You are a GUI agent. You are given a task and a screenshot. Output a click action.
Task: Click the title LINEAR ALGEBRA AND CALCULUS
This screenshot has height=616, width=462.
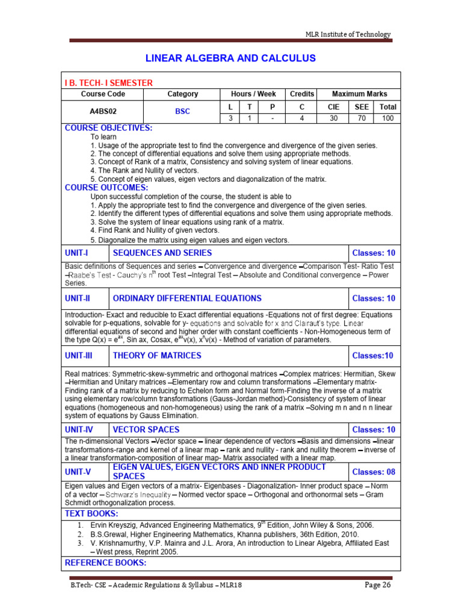[231, 58]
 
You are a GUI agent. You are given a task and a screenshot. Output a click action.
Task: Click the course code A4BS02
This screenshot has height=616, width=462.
[103, 111]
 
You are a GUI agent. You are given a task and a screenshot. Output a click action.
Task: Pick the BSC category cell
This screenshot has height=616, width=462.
[182, 111]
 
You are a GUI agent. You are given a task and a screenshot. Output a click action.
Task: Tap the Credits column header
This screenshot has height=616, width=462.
[302, 94]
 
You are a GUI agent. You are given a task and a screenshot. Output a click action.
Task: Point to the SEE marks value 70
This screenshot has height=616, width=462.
[361, 119]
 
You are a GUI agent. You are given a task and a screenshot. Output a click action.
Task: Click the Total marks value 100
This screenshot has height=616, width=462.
[387, 119]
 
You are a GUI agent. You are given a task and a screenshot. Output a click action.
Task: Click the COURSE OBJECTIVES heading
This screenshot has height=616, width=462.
[108, 128]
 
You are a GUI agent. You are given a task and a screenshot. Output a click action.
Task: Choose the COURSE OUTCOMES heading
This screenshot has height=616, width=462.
[106, 187]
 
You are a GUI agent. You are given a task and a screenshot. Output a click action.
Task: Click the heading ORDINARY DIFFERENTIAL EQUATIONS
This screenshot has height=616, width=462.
[187, 298]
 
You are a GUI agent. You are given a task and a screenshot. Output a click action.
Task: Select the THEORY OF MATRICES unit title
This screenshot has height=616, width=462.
[154, 356]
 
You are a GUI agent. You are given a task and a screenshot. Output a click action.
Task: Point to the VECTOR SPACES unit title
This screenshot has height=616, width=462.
[146, 430]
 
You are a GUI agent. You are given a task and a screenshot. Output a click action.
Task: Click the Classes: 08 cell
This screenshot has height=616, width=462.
[374, 472]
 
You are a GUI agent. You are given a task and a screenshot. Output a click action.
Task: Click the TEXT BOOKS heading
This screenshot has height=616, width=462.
[91, 513]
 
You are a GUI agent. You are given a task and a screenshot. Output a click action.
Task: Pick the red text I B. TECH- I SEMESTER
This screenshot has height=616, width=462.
[108, 82]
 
